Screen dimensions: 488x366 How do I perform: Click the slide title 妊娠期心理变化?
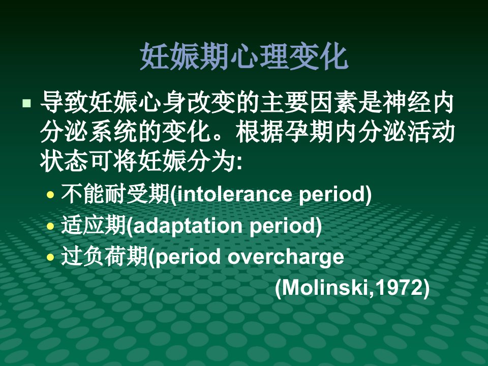tap(244, 56)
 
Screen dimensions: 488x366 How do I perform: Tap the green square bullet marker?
tap(27, 103)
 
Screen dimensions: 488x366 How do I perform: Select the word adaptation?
tap(188, 226)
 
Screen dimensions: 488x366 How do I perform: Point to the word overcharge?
tap(286, 257)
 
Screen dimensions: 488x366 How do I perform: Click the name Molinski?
tap(325, 288)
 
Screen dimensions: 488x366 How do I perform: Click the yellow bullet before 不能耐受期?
tap(50, 195)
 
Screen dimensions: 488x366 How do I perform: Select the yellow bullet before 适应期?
tap(50, 226)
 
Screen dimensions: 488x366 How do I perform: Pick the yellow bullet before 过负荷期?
tap(50, 257)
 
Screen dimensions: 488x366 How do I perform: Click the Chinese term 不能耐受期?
tap(115, 194)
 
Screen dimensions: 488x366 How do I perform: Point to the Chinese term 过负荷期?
tap(104, 256)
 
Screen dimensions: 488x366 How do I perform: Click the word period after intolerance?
tap(332, 195)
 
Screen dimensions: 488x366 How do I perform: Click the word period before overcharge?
tap(188, 257)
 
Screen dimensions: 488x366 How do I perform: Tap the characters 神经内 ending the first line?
tap(418, 103)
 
